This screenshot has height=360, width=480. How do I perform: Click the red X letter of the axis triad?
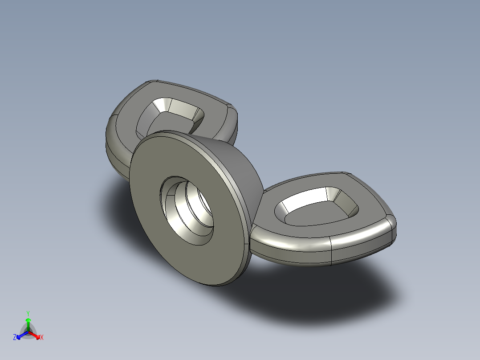(x=42, y=338)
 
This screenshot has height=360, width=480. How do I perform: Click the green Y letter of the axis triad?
(x=28, y=313)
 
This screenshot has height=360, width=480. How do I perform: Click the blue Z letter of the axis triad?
(x=15, y=338)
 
